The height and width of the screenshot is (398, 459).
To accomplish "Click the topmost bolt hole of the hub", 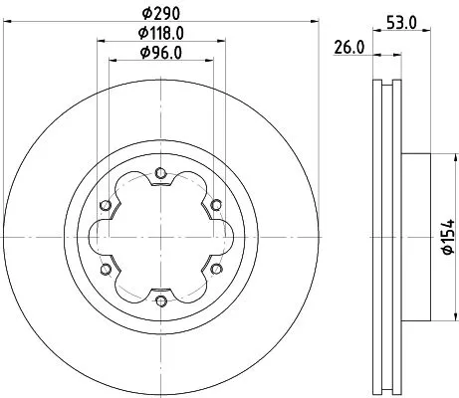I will (x=159, y=175).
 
